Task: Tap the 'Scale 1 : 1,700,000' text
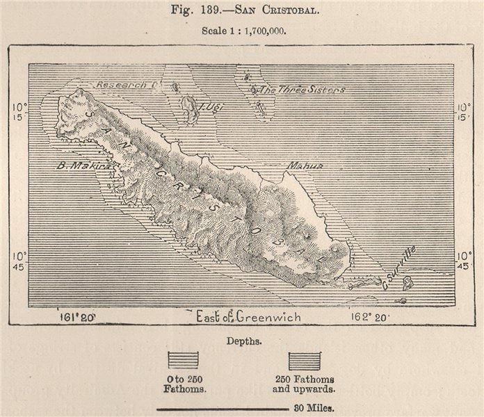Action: pos(243,31)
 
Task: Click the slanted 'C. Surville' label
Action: pos(399,268)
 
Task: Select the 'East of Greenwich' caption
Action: pos(248,317)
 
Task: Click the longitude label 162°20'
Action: pos(369,318)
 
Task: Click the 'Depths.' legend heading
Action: pos(243,341)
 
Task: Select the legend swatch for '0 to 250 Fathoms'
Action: pos(183,360)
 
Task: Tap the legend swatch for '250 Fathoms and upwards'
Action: pos(305,360)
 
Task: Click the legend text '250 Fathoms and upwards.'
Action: pos(305,384)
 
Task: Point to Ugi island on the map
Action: pos(188,106)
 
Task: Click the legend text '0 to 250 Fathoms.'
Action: pos(183,384)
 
